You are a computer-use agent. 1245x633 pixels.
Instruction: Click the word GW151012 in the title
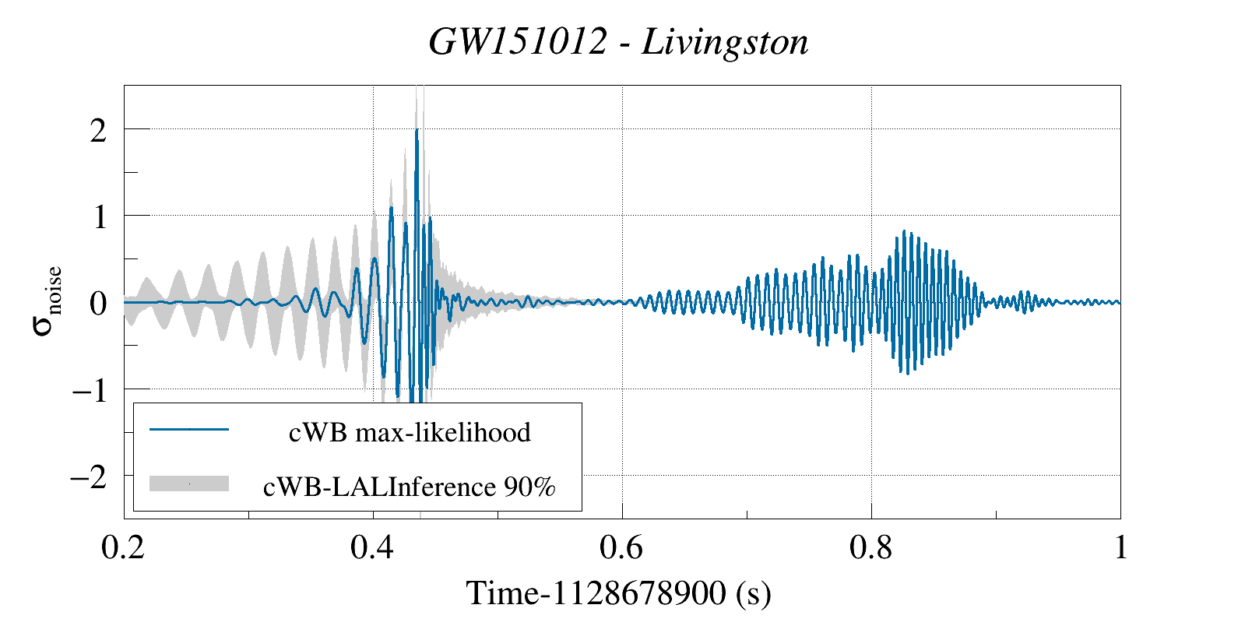pyautogui.click(x=517, y=42)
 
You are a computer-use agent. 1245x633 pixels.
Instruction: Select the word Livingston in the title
pyautogui.click(x=725, y=42)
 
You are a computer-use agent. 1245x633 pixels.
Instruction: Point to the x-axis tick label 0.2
pyautogui.click(x=123, y=548)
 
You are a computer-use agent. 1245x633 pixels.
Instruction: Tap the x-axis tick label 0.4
pyautogui.click(x=372, y=548)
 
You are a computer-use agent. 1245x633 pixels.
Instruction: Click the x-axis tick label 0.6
pyautogui.click(x=621, y=548)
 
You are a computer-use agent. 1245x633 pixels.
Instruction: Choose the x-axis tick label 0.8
pyautogui.click(x=870, y=548)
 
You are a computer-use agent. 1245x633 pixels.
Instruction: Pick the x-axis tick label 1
pyautogui.click(x=1120, y=548)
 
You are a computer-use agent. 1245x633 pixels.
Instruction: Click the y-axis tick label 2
pyautogui.click(x=98, y=130)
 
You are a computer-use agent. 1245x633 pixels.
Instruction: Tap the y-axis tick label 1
pyautogui.click(x=99, y=216)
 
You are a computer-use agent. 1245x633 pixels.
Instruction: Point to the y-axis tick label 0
pyautogui.click(x=98, y=303)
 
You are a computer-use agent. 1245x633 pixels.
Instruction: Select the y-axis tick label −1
pyautogui.click(x=90, y=389)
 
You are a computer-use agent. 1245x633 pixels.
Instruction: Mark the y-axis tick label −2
pyautogui.click(x=89, y=476)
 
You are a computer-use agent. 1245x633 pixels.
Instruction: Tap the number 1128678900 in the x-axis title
pyautogui.click(x=638, y=594)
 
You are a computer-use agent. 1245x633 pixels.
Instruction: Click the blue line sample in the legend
pyautogui.click(x=189, y=429)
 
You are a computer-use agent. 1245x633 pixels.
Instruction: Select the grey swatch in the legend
pyautogui.click(x=189, y=484)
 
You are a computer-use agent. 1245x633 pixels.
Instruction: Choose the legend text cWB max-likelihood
pyautogui.click(x=410, y=432)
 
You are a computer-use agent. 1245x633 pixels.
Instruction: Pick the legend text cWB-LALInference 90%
pyautogui.click(x=410, y=487)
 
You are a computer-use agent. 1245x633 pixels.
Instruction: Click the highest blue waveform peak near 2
pyautogui.click(x=417, y=131)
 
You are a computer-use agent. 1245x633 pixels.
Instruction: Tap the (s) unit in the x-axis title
pyautogui.click(x=753, y=594)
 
